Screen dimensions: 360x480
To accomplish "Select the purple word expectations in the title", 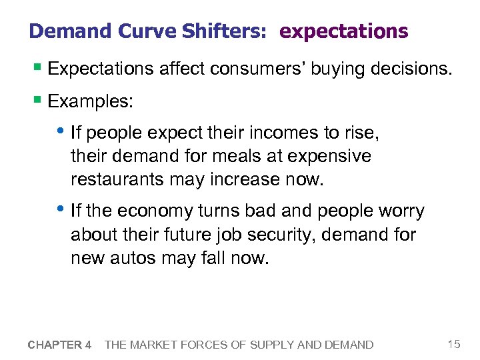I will [x=343, y=31].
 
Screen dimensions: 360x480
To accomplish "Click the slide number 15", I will [x=454, y=344].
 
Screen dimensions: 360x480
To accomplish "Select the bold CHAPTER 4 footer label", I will [x=60, y=345].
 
